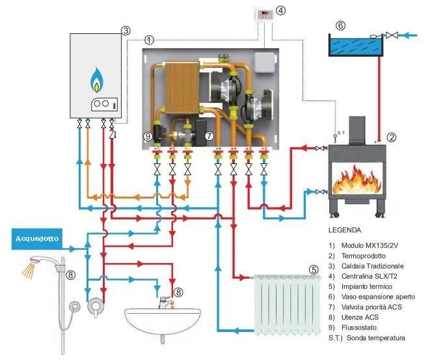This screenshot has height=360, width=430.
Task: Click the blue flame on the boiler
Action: click(x=96, y=79)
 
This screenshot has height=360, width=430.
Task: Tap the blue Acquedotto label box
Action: click(x=36, y=239)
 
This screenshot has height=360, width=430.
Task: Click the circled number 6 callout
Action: click(x=339, y=25)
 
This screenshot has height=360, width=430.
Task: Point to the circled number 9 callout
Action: click(x=148, y=136)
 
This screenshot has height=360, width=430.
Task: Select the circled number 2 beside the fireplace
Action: click(x=392, y=137)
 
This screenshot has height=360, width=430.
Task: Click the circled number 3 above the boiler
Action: click(x=126, y=30)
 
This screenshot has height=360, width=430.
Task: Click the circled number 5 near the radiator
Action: click(x=314, y=269)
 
